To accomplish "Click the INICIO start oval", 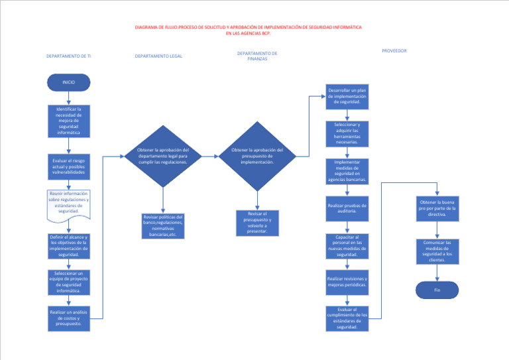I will pyautogui.click(x=68, y=82).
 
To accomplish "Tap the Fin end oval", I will pyautogui.click(x=437, y=290).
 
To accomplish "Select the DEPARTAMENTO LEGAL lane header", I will pyautogui.click(x=158, y=56).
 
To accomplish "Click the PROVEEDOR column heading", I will pyautogui.click(x=394, y=50).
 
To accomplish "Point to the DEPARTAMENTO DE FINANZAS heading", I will pyautogui.click(x=256, y=56).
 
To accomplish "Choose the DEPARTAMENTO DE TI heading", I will pyautogui.click(x=68, y=56).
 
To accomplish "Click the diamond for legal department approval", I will pyautogui.click(x=162, y=156).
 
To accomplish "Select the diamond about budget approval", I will pyautogui.click(x=257, y=156).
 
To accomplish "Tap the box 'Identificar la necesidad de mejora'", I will pyautogui.click(x=68, y=121).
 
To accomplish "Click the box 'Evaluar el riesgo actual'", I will pyautogui.click(x=68, y=166).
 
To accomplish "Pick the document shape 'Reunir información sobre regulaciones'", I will pyautogui.click(x=68, y=204).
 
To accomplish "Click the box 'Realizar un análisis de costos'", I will pyautogui.click(x=68, y=318).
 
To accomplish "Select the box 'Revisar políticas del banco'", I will pyautogui.click(x=163, y=225).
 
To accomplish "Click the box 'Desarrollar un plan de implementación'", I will pyautogui.click(x=347, y=97).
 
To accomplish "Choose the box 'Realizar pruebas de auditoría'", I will pyautogui.click(x=347, y=209).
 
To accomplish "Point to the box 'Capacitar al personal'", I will pyautogui.click(x=347, y=245).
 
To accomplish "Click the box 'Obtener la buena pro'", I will pyautogui.click(x=437, y=208).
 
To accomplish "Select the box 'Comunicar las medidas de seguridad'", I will pyautogui.click(x=437, y=251).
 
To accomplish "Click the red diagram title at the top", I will pyautogui.click(x=249, y=30).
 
